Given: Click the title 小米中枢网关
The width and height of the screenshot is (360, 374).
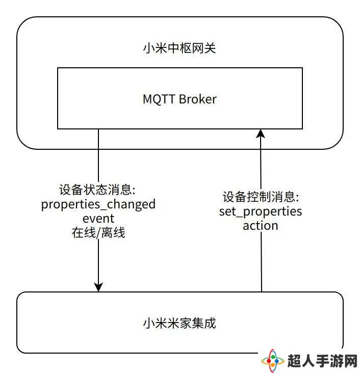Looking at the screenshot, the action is [179, 48].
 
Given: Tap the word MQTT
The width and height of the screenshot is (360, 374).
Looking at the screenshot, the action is [159, 99].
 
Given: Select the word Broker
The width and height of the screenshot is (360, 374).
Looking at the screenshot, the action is [198, 99].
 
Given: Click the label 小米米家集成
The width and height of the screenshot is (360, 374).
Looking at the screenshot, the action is [179, 324].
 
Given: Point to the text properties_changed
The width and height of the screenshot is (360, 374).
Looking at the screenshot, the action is [98, 204].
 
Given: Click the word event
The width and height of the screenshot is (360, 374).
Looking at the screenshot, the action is [98, 219].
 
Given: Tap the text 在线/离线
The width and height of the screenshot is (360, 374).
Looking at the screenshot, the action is [98, 232].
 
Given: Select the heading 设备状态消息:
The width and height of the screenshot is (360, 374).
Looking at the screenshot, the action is [97, 190].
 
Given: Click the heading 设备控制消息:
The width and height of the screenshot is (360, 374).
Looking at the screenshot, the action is [261, 197].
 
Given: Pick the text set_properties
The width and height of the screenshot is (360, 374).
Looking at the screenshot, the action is [261, 211].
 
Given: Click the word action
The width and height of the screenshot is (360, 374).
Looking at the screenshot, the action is [261, 226].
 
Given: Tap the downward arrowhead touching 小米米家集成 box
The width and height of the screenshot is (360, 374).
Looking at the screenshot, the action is [98, 287].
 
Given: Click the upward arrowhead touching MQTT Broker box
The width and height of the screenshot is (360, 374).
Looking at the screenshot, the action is [261, 133].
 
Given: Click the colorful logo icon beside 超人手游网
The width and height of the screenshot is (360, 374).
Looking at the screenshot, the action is [273, 361].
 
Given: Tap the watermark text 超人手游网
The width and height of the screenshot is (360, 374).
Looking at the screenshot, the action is [322, 361].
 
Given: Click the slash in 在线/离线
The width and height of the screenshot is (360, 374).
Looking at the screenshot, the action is [98, 233].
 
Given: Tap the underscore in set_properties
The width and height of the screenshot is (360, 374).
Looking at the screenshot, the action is [239, 217].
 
